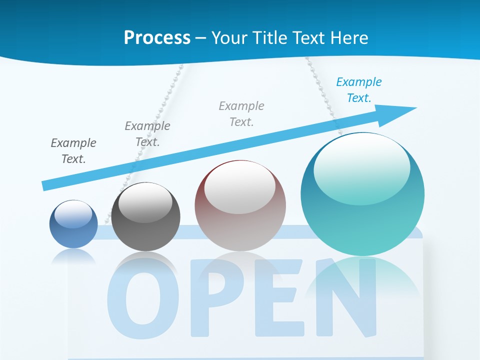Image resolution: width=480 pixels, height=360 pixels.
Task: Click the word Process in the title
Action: [x=157, y=37]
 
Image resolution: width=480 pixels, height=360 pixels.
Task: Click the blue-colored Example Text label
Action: [x=359, y=90]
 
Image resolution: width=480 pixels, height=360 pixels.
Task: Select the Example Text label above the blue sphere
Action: [x=73, y=150]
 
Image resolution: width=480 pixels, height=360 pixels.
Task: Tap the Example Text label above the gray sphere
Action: [x=147, y=133]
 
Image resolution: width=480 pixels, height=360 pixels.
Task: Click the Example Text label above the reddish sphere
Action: [x=241, y=113]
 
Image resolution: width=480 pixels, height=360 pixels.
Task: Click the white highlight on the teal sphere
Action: [x=361, y=167]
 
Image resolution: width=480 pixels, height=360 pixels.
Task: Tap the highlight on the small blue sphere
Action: [x=73, y=214]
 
